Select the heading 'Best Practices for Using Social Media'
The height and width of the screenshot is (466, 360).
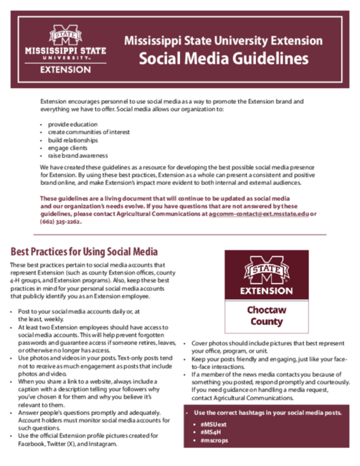tap(84, 252)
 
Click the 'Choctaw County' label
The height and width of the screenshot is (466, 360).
tap(265, 316)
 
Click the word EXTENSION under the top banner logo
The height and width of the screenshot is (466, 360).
tap(65, 70)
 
